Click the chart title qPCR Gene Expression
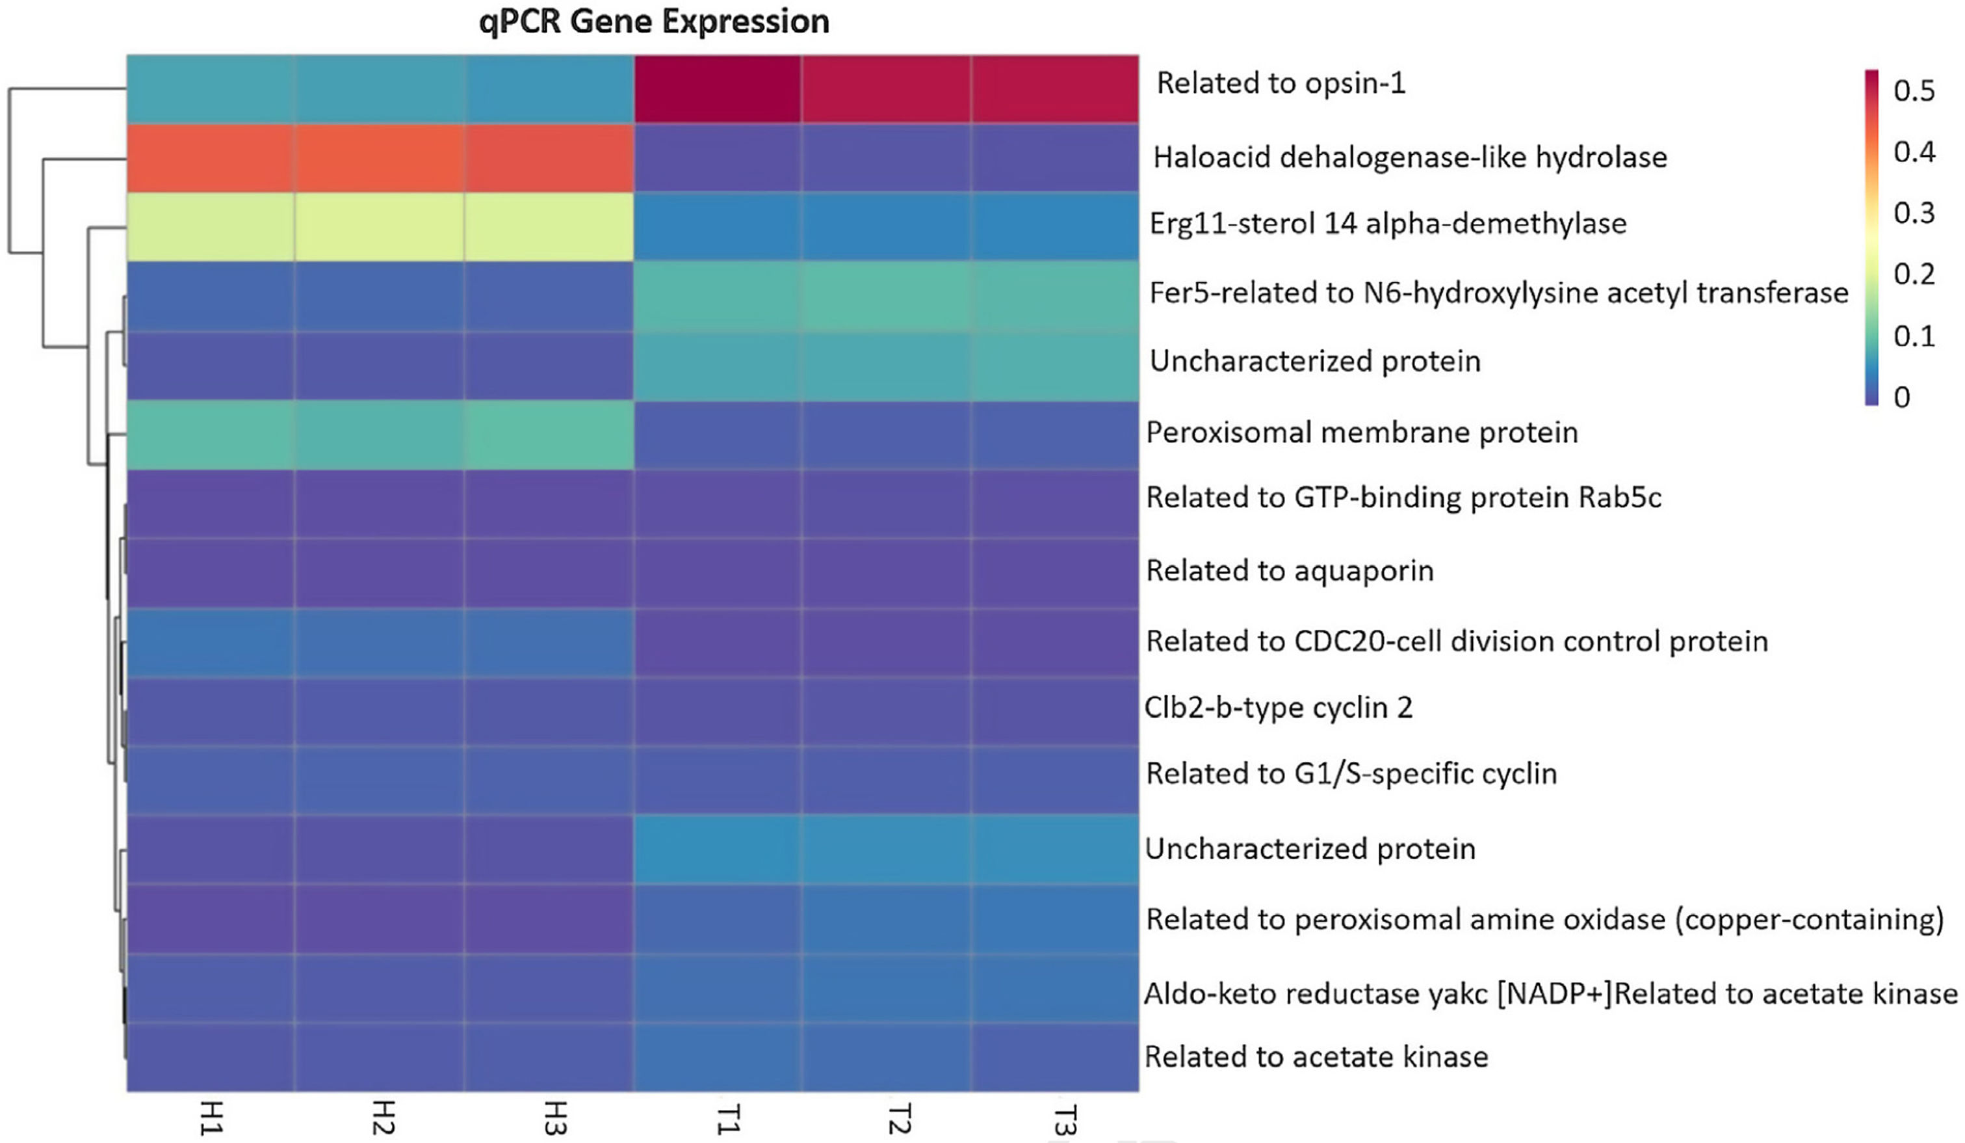tap(653, 22)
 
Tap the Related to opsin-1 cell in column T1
tap(718, 88)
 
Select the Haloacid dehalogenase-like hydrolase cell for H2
tap(379, 157)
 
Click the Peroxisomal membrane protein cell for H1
tap(211, 435)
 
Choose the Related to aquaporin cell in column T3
tap(1055, 572)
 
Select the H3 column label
tap(554, 1118)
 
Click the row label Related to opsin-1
tap(1281, 83)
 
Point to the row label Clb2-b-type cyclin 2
tap(1278, 708)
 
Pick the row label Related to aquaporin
tap(1290, 571)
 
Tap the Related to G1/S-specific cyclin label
tap(1351, 773)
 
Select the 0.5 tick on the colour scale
tap(1914, 91)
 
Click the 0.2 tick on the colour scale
tap(1914, 275)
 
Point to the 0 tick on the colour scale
tap(1902, 397)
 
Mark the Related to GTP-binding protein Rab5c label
tap(1403, 497)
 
